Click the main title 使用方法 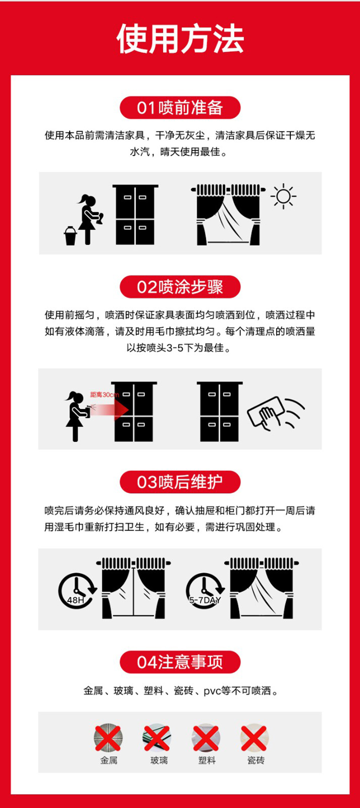[180, 39]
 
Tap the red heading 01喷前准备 [180, 108]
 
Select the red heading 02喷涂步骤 [180, 287]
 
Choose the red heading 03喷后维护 [180, 482]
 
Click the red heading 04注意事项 [180, 662]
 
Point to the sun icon [283, 196]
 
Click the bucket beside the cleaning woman [71, 236]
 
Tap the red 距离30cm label [105, 395]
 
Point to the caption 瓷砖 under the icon [256, 760]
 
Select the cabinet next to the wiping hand [220, 411]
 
